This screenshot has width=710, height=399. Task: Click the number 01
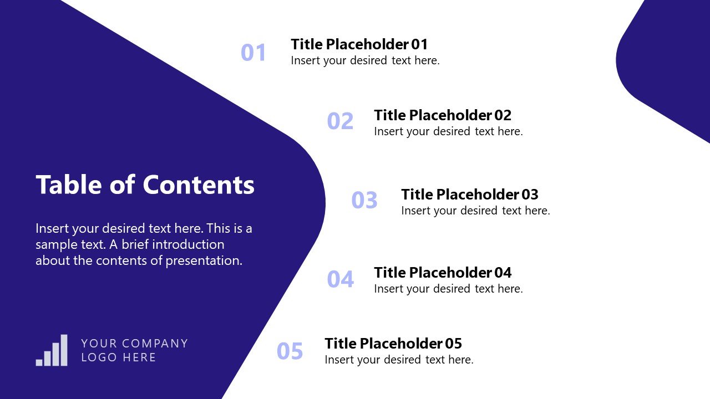tap(253, 53)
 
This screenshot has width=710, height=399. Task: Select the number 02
tap(340, 121)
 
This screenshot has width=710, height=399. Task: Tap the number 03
tap(364, 200)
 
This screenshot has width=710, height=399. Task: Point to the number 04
tap(340, 279)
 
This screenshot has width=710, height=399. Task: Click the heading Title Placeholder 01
tap(359, 44)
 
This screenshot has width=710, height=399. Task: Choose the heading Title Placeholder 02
tap(443, 115)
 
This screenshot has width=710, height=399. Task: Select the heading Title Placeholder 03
tap(470, 195)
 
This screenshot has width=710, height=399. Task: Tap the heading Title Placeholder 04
tap(443, 273)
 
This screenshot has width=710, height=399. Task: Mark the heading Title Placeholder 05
tap(393, 344)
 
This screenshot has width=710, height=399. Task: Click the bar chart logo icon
tap(52, 350)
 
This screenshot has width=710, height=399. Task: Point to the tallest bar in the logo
tap(64, 350)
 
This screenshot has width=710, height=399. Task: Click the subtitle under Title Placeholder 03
tap(475, 211)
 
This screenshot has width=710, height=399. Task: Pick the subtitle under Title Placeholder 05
tap(399, 360)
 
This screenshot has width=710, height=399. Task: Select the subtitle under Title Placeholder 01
tap(365, 60)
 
